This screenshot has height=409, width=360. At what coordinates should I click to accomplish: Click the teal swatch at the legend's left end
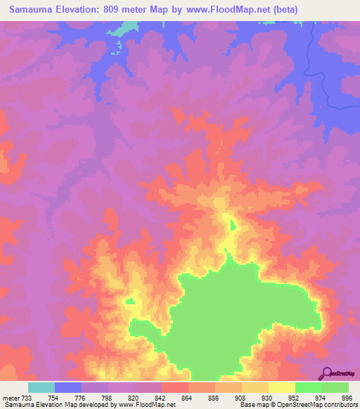pyautogui.click(x=41, y=387)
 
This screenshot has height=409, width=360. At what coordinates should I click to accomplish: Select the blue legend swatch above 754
pyautogui.click(x=68, y=387)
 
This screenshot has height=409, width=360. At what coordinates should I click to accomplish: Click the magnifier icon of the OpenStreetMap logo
pyautogui.click(x=326, y=373)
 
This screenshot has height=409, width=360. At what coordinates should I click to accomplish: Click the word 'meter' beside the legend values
pyautogui.click(x=12, y=398)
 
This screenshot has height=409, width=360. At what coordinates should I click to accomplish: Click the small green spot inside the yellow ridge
pyautogui.click(x=232, y=226)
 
